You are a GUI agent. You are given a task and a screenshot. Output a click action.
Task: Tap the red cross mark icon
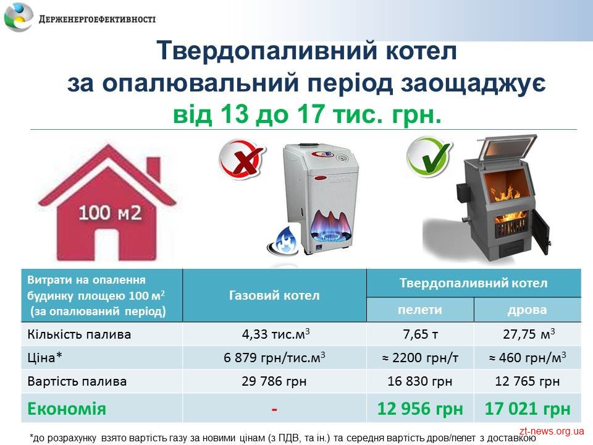pyautogui.click(x=242, y=159)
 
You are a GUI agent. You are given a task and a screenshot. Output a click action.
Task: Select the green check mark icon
pyautogui.click(x=430, y=157)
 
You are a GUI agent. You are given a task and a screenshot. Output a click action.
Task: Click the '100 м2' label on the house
pyautogui.click(x=110, y=213)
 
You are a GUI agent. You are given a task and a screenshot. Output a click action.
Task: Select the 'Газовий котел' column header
pyautogui.click(x=274, y=295)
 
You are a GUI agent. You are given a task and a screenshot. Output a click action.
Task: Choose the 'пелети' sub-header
pyautogui.click(x=420, y=310)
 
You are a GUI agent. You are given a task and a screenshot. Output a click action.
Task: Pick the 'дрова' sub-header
pyautogui.click(x=527, y=310)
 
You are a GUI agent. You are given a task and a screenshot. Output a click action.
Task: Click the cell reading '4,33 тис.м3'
pyautogui.click(x=275, y=334)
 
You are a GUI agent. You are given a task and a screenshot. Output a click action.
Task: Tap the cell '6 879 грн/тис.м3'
pyautogui.click(x=274, y=358)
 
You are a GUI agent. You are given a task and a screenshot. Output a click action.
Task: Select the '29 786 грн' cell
pyautogui.click(x=274, y=381)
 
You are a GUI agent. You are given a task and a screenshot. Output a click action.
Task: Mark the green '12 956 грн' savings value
pyautogui.click(x=420, y=409)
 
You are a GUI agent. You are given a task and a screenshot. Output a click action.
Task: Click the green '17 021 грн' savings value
pyautogui.click(x=527, y=409)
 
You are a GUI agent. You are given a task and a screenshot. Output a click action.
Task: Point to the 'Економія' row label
pyautogui.click(x=67, y=409)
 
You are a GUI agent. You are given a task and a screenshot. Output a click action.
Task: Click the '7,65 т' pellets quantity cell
pyautogui.click(x=420, y=334)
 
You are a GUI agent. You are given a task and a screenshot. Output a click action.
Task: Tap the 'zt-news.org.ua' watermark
pyautogui.click(x=552, y=431)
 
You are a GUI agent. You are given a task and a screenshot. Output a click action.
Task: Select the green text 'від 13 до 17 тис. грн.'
pyautogui.click(x=307, y=114)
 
